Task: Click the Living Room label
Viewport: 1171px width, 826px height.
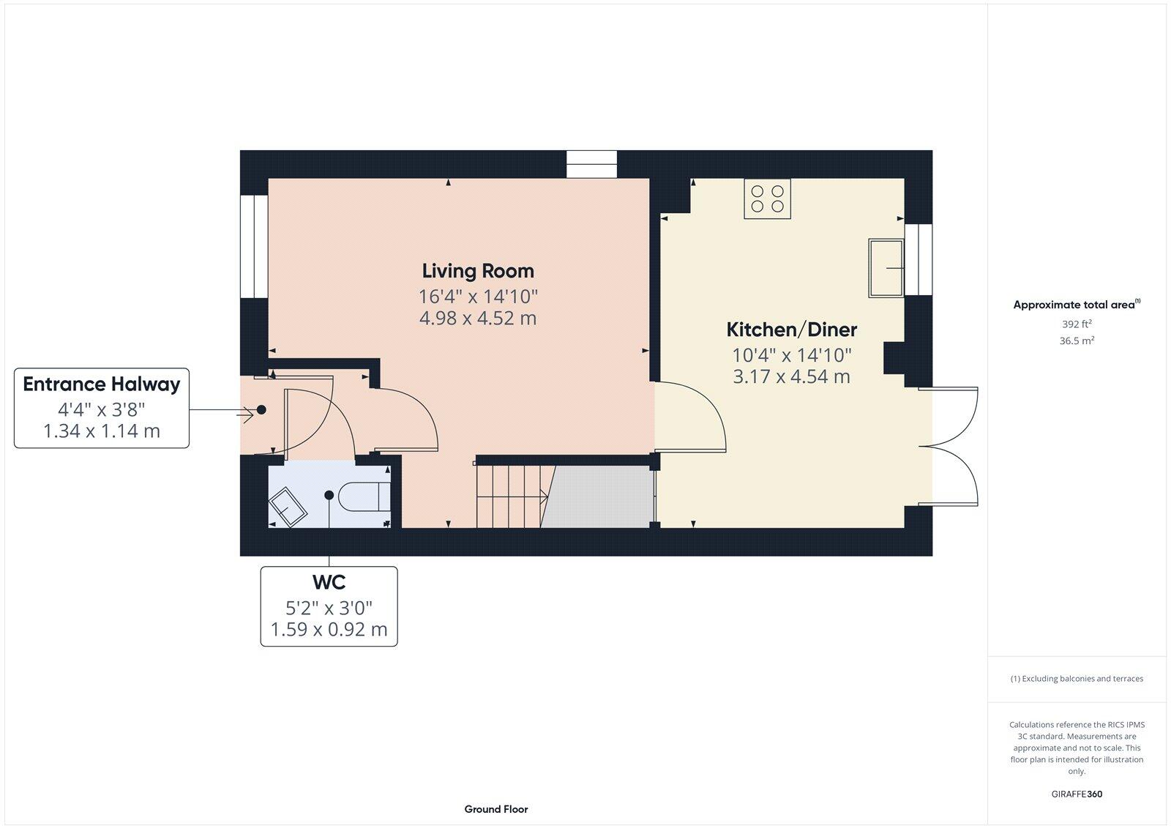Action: click(x=478, y=271)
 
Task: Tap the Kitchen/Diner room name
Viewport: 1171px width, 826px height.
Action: click(x=791, y=330)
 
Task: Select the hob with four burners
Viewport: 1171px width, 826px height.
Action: click(x=767, y=198)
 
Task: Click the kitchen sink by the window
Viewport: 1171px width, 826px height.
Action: click(x=886, y=267)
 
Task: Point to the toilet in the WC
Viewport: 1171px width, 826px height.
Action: click(x=364, y=496)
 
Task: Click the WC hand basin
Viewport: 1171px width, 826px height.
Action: click(x=288, y=507)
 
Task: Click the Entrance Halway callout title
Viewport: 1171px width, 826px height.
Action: click(x=102, y=384)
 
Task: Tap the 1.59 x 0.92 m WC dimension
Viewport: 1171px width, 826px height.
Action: click(x=329, y=629)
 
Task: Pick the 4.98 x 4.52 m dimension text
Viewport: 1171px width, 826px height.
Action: click(x=478, y=319)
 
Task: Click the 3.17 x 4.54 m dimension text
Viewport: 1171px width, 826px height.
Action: click(x=791, y=377)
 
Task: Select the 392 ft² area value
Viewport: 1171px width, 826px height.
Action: click(x=1077, y=324)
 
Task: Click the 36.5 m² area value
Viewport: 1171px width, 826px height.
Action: click(x=1077, y=341)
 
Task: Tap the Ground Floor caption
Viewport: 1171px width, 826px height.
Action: click(x=495, y=809)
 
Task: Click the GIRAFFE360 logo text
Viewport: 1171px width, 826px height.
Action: click(x=1077, y=794)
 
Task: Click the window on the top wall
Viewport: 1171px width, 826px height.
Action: click(x=591, y=164)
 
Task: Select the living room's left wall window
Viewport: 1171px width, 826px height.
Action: click(x=255, y=246)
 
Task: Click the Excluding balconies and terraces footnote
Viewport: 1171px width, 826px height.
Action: click(x=1077, y=679)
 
